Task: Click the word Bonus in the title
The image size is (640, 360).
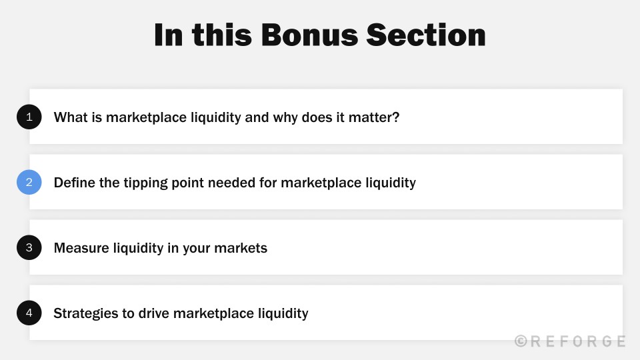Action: [307, 35]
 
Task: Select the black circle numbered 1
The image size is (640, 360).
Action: [29, 117]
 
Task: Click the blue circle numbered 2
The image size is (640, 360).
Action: [29, 182]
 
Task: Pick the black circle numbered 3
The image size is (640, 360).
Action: [29, 247]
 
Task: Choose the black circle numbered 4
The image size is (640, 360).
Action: [29, 313]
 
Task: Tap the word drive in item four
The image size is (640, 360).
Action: [156, 313]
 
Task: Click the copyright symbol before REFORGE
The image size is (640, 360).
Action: [521, 341]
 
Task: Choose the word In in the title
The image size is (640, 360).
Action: [168, 35]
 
